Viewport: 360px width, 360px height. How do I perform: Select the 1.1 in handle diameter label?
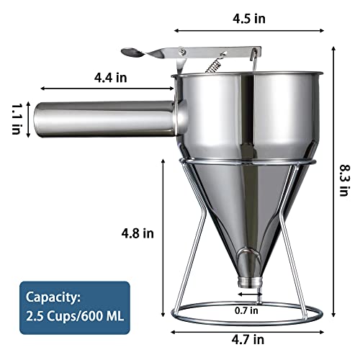(15, 117)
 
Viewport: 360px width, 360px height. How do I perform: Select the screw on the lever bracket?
(185, 51)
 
